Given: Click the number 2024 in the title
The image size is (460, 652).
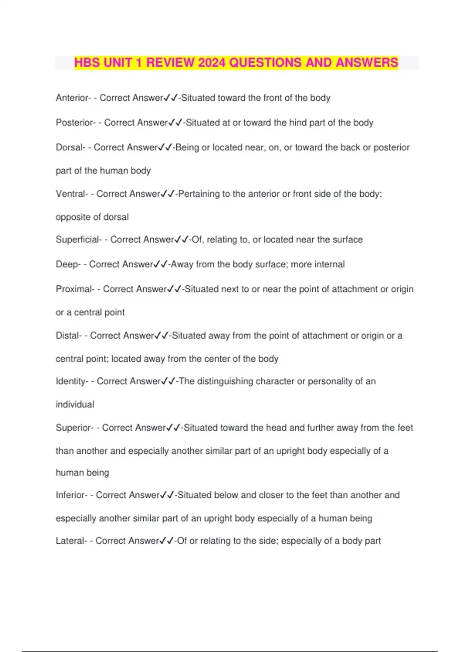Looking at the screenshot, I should click(212, 63).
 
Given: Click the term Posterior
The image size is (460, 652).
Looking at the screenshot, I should click(74, 123).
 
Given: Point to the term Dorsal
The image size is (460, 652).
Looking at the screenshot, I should click(69, 147).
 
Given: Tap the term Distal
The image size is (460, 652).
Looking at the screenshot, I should click(67, 336).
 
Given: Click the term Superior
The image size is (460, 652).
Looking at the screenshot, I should click(73, 428).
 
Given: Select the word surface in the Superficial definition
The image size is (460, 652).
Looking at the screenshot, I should click(347, 240).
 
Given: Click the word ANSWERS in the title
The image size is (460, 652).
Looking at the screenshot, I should click(367, 63).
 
